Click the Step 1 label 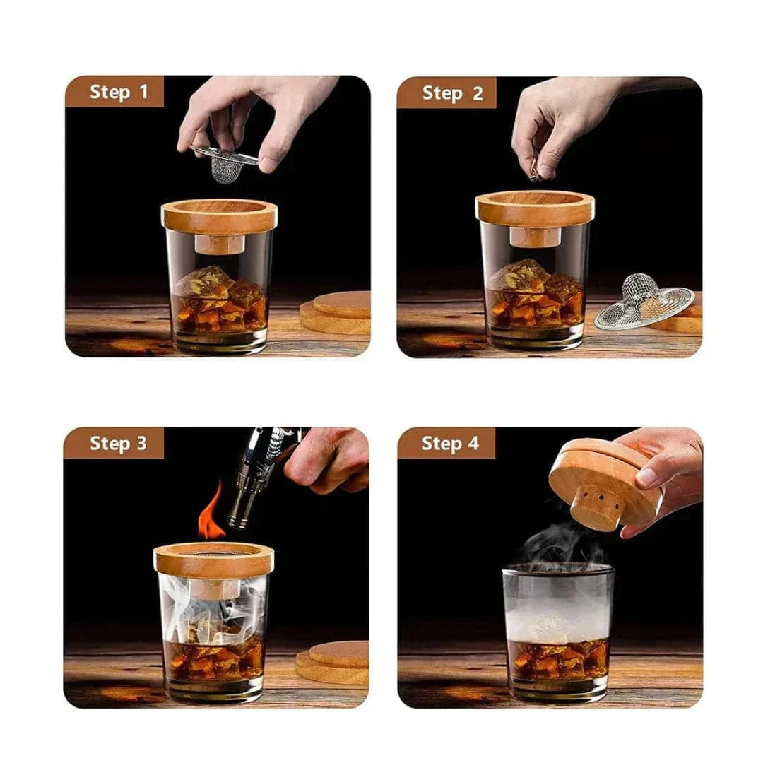click(118, 92)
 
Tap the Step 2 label click(452, 93)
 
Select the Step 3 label click(118, 443)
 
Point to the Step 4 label click(450, 443)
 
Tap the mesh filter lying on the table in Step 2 click(644, 301)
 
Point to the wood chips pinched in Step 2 click(536, 173)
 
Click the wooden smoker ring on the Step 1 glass click(219, 217)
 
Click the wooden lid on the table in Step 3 click(333, 662)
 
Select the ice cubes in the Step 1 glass click(221, 297)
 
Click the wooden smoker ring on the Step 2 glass click(535, 209)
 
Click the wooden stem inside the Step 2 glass click(535, 237)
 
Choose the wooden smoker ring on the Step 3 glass click(213, 560)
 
